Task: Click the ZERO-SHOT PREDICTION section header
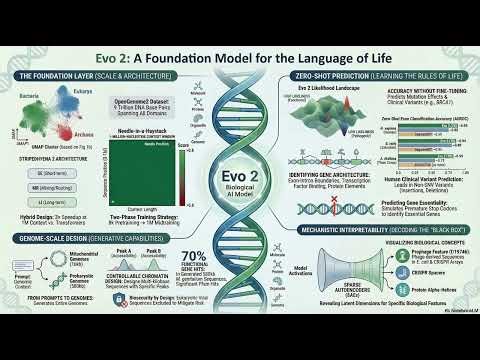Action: tap(370, 75)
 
